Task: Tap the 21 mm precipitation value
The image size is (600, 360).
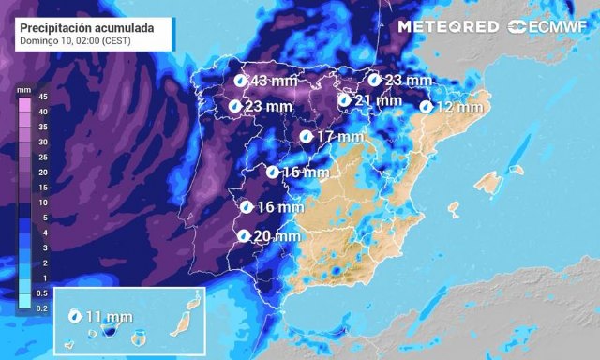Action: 379,100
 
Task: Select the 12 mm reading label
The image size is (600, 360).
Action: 459,107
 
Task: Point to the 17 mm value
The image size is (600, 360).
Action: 339,137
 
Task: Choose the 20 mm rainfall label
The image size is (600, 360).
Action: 277,236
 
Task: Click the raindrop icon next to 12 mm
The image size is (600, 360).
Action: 427,107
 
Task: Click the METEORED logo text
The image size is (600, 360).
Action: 448,27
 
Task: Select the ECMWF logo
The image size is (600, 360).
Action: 547,27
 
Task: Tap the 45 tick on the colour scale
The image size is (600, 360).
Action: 42,96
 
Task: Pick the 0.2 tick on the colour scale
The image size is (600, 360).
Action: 42,308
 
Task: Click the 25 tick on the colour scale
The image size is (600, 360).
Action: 42,157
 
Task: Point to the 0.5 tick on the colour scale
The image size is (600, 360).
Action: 42,293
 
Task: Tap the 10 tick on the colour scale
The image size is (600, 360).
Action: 42,202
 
